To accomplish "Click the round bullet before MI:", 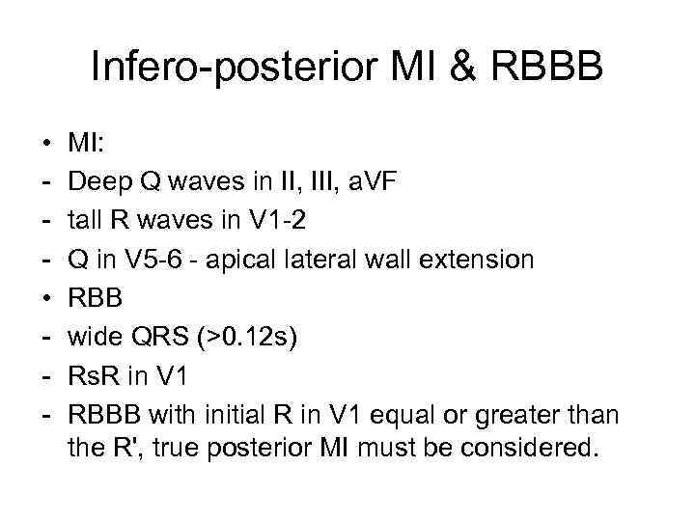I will click(47, 146).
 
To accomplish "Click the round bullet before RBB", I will click(47, 298).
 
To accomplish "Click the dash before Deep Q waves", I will click(47, 183).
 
